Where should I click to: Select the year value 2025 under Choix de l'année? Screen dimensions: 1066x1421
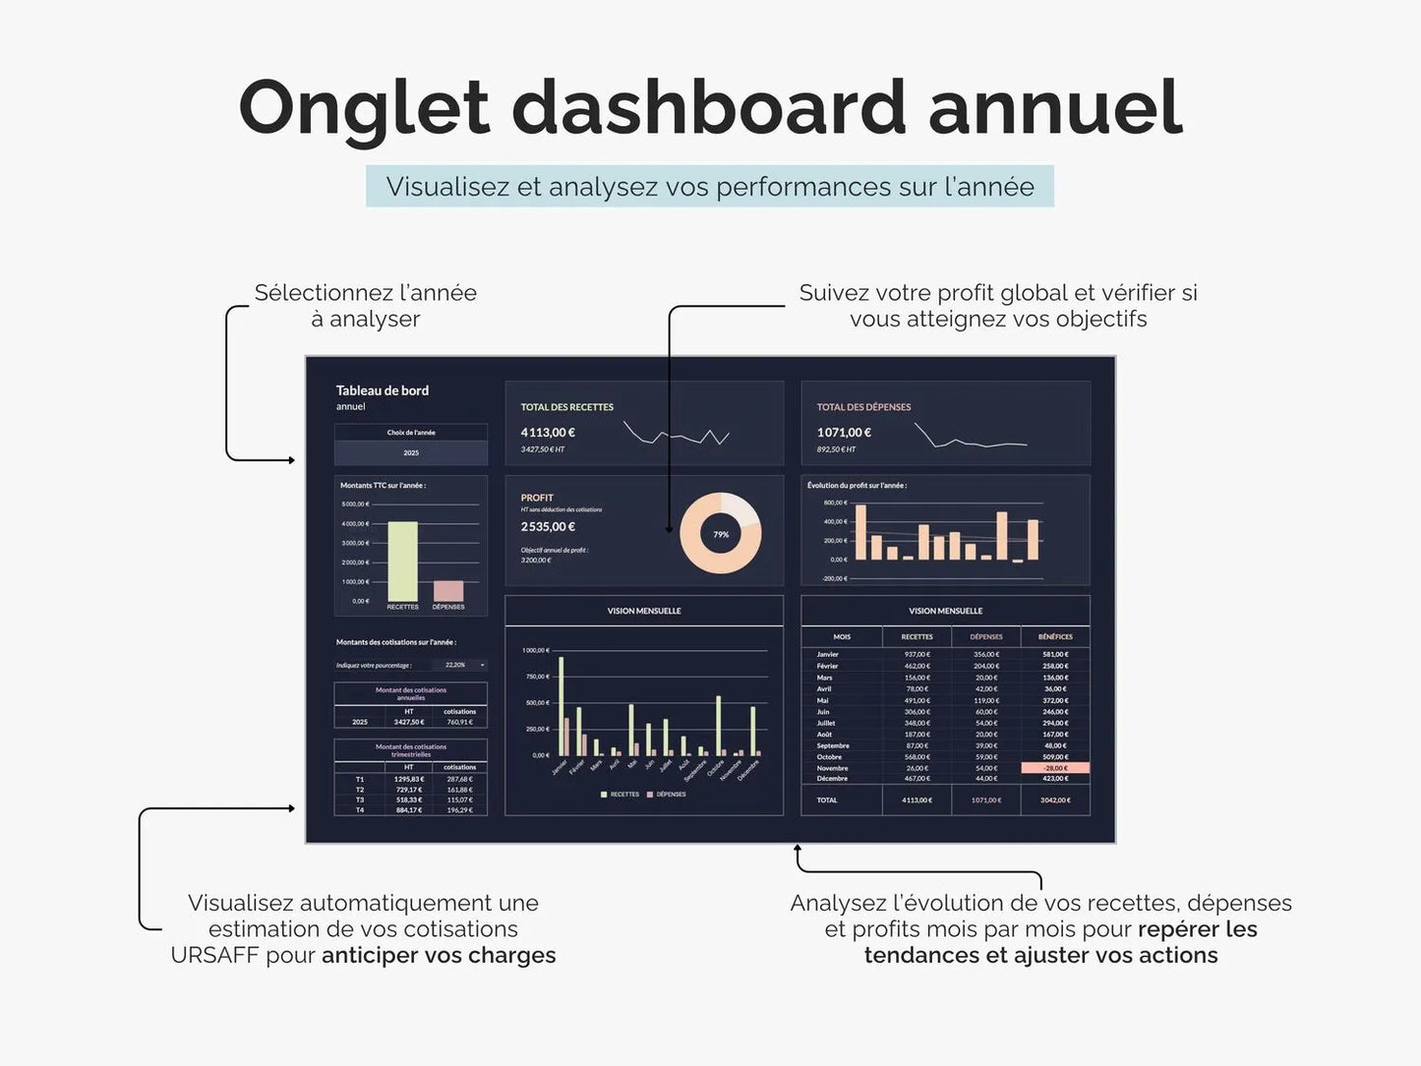click(411, 453)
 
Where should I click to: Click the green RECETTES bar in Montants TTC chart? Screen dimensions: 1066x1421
click(402, 561)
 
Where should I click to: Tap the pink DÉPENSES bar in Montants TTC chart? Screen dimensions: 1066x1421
click(448, 591)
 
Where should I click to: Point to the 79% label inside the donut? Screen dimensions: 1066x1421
click(721, 534)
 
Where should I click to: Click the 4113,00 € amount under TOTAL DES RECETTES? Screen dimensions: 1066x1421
click(548, 432)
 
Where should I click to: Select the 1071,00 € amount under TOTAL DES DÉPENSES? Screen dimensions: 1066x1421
click(844, 432)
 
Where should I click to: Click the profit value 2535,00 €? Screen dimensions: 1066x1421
click(548, 527)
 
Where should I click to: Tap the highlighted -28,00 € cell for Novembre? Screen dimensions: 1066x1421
click(1055, 768)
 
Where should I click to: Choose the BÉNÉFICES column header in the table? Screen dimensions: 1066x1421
click(1055, 637)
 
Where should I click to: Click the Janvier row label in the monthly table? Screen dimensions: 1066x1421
click(828, 654)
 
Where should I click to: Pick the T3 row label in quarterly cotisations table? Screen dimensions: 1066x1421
click(360, 799)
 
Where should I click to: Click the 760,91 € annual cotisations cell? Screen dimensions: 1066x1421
click(459, 722)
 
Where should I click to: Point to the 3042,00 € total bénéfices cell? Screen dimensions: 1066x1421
click(1055, 800)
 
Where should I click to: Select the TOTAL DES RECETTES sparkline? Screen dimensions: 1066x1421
click(677, 435)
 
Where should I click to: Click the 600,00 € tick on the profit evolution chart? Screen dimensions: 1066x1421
click(835, 503)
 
